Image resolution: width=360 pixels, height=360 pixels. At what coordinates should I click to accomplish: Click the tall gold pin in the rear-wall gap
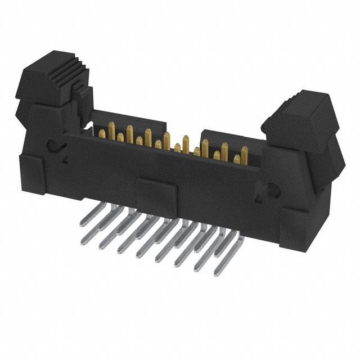168,138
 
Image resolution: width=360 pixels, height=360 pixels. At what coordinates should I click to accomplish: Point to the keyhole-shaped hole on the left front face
55,147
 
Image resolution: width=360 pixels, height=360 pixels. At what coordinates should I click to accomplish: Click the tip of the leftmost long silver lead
83,241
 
